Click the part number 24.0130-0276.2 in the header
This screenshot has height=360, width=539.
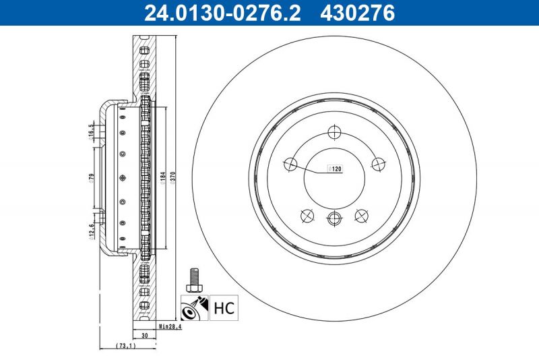(x=222, y=12)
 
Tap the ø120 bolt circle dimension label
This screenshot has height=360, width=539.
(x=335, y=169)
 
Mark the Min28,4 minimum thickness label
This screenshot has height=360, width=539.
(x=170, y=327)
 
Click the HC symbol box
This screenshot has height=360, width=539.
(x=223, y=309)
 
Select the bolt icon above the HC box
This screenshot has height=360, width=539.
(x=195, y=278)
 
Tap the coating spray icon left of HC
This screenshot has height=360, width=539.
(x=195, y=309)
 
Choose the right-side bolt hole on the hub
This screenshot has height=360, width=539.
(x=378, y=164)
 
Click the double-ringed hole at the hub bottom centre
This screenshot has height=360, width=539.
(x=334, y=217)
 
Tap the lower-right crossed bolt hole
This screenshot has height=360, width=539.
(x=361, y=215)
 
